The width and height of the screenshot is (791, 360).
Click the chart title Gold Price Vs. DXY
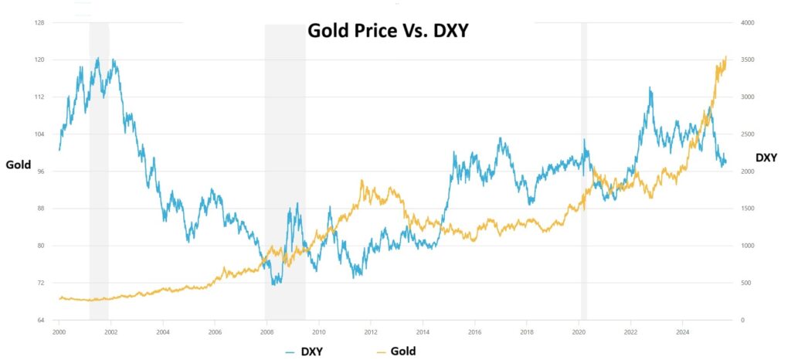[389, 32]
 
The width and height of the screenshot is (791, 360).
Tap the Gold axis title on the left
[18, 164]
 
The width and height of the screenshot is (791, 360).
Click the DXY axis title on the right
[766, 158]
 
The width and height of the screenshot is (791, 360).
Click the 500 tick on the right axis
[747, 283]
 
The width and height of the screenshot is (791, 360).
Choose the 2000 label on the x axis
[59, 331]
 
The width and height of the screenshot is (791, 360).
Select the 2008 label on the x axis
[266, 331]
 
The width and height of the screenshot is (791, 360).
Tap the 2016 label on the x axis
[475, 331]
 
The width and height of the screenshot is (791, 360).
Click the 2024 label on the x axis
[683, 331]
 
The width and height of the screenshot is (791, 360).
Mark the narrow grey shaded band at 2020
[584, 170]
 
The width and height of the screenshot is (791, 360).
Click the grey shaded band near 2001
[99, 170]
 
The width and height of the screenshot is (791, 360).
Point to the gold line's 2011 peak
[362, 181]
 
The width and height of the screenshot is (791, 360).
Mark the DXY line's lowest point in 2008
[273, 284]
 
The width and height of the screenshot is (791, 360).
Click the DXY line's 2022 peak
[650, 88]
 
